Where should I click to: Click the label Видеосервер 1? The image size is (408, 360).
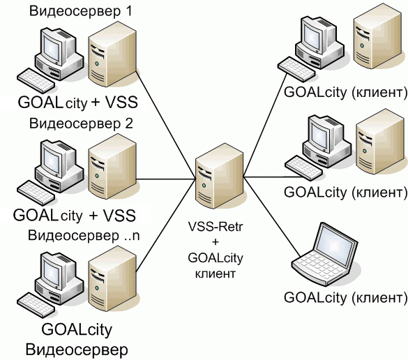pyautogui.click(x=80, y=11)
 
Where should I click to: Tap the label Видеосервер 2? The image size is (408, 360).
pyautogui.click(x=81, y=123)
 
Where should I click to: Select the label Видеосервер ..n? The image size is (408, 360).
pyautogui.click(x=84, y=235)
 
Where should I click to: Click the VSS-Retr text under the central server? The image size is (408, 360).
pyautogui.click(x=216, y=226)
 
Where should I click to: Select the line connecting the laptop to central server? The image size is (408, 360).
pyautogui.click(x=272, y=216)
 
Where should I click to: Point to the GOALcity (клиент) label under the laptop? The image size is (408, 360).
pyautogui.click(x=345, y=297)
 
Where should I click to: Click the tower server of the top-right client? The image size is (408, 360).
pyautogui.click(x=377, y=36)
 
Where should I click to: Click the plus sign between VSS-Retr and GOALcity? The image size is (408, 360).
pyautogui.click(x=216, y=242)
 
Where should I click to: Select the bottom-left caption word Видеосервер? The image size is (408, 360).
pyautogui.click(x=77, y=350)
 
